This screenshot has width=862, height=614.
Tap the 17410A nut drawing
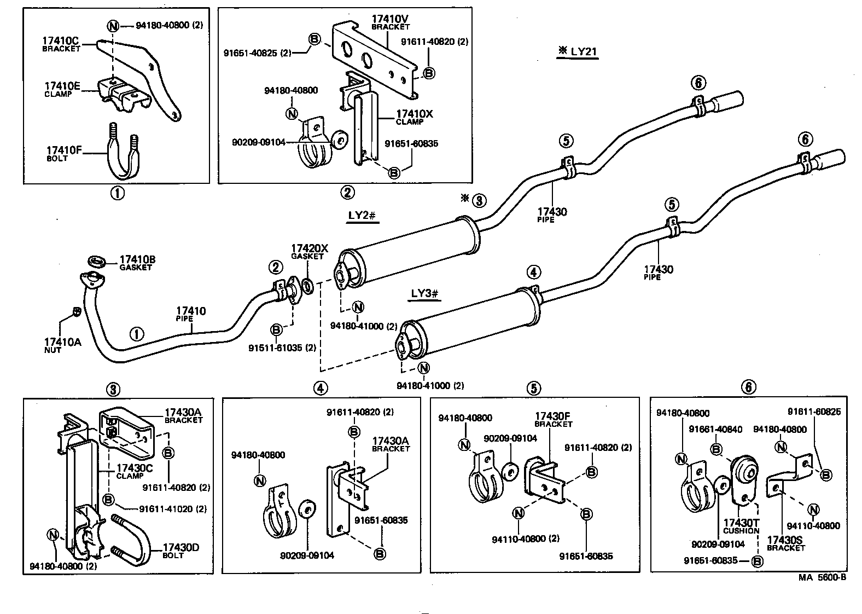[77, 312]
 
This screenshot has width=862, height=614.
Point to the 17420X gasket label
[309, 251]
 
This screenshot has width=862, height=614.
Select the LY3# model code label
[425, 294]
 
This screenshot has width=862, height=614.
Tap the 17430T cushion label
[741, 526]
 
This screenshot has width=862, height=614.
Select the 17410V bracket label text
[391, 22]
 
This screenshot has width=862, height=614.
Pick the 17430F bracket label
[554, 420]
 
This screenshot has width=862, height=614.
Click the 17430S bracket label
[786, 543]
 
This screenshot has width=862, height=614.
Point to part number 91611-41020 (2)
[172, 508]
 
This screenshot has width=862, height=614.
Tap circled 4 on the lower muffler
[533, 271]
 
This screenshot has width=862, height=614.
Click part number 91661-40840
[715, 430]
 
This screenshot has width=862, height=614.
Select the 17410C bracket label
[61, 43]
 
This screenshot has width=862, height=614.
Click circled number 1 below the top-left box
[117, 193]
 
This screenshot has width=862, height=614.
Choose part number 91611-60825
[814, 412]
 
